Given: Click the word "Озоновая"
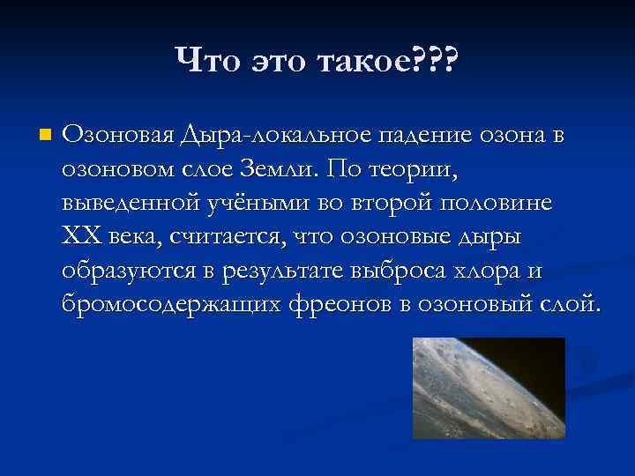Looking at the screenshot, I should (118, 137).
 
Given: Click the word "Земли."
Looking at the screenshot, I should (291, 167).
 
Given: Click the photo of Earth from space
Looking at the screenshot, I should (489, 388).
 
